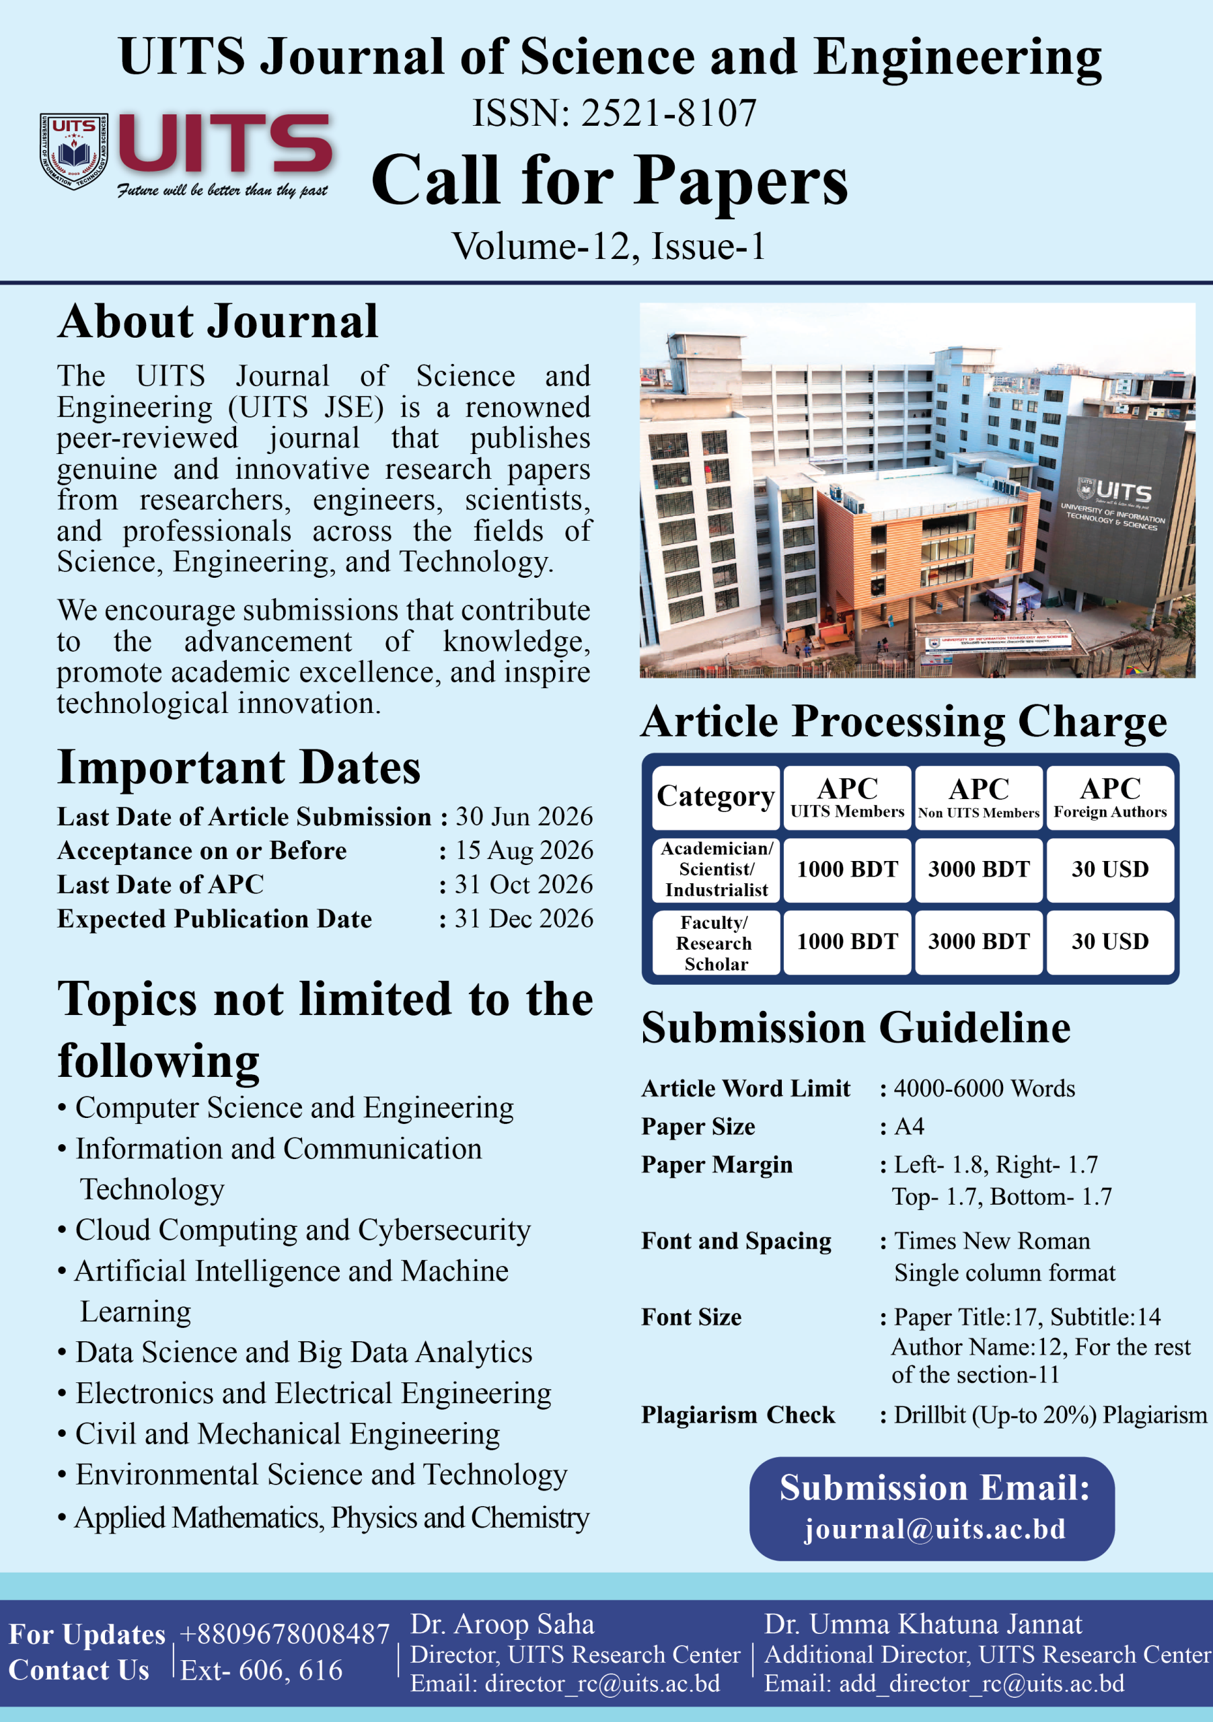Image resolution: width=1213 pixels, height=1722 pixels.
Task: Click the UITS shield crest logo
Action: point(73,151)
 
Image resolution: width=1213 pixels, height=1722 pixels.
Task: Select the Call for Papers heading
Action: point(609,181)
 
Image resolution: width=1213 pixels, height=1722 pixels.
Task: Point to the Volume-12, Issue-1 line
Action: point(608,246)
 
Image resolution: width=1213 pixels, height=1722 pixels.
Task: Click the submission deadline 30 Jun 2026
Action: point(523,816)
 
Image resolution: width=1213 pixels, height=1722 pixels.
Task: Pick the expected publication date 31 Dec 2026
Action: point(523,919)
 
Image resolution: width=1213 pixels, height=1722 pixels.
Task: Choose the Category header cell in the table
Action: point(716,796)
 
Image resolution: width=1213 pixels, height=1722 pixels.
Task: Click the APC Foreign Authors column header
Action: point(1109,796)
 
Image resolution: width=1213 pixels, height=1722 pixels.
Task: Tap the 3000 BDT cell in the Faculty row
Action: point(978,942)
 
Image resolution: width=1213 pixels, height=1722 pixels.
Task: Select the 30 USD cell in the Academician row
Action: point(1109,869)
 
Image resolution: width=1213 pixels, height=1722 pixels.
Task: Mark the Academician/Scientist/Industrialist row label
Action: point(716,869)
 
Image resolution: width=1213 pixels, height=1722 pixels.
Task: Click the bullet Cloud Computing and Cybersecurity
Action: point(302,1231)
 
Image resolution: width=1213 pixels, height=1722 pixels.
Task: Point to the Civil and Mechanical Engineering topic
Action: point(287,1434)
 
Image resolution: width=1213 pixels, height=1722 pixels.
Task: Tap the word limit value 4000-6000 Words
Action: point(984,1088)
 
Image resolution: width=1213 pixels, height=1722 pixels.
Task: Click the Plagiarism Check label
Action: point(737,1415)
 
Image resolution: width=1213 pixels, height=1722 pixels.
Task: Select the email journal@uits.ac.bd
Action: point(934,1529)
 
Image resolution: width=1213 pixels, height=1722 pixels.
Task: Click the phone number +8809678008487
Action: point(285,1635)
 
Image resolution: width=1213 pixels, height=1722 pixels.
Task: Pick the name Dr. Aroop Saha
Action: point(502,1624)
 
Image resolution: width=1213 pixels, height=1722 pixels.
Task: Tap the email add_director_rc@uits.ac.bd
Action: point(981,1684)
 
